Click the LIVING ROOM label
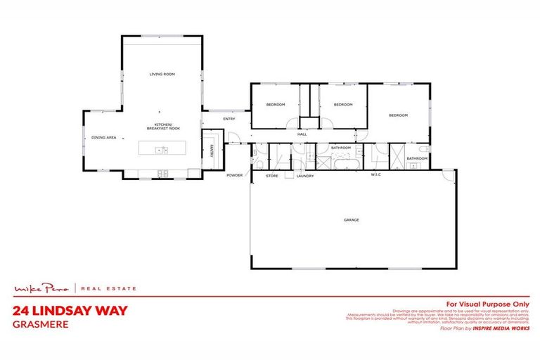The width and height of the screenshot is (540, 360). click(x=161, y=74)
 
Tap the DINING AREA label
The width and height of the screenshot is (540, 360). click(x=103, y=138)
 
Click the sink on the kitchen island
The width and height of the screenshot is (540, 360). click(x=162, y=150)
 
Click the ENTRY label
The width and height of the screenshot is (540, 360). click(x=229, y=119)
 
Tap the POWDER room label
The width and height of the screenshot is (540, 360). click(x=234, y=175)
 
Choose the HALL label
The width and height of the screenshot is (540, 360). click(x=302, y=134)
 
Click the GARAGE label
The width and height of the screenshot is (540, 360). click(x=351, y=220)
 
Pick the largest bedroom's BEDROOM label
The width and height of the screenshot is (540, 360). click(x=398, y=115)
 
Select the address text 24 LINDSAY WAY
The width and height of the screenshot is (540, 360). click(x=70, y=310)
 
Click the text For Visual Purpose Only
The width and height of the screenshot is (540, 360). click(x=488, y=304)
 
